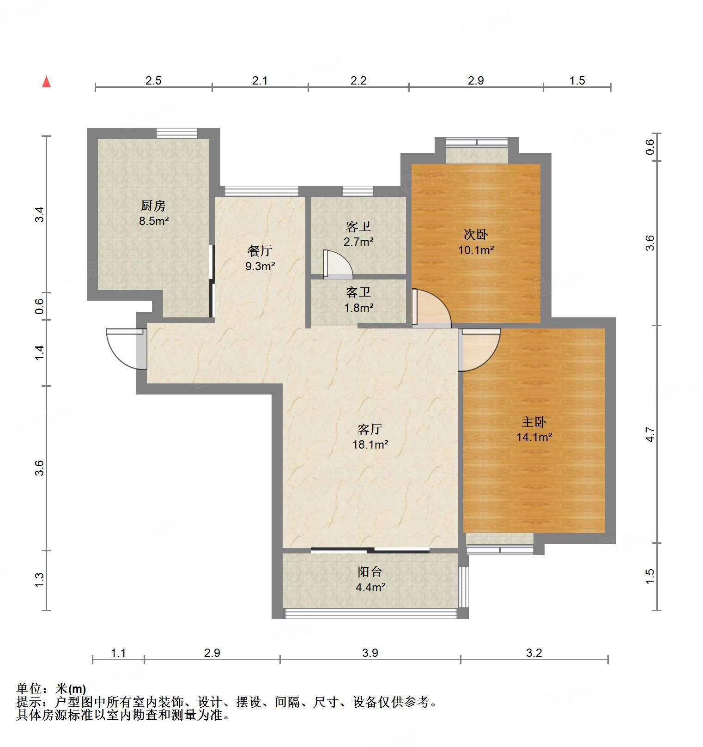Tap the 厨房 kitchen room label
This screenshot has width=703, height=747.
tap(153, 205)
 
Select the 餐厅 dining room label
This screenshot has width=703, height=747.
tap(260, 251)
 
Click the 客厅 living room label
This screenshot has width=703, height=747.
tap(370, 429)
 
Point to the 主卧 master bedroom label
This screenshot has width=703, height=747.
tap(534, 422)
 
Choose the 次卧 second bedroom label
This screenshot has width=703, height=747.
tap(476, 235)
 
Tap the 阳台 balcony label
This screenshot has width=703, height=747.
tap(370, 572)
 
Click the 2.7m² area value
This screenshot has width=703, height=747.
tap(358, 242)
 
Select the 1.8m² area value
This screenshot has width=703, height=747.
tap(358, 307)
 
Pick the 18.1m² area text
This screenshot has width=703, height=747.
tap(370, 444)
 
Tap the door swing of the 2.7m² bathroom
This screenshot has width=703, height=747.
tap(337, 264)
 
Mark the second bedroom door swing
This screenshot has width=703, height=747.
tap(431, 309)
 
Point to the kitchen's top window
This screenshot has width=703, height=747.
tap(177, 133)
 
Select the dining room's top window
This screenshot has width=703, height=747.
tap(261, 191)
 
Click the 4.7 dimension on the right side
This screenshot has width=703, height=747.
tap(650, 434)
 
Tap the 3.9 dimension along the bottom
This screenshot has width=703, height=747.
tap(370, 653)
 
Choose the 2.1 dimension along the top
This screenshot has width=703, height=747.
tap(260, 81)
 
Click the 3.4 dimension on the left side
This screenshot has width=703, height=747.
tap(40, 215)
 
